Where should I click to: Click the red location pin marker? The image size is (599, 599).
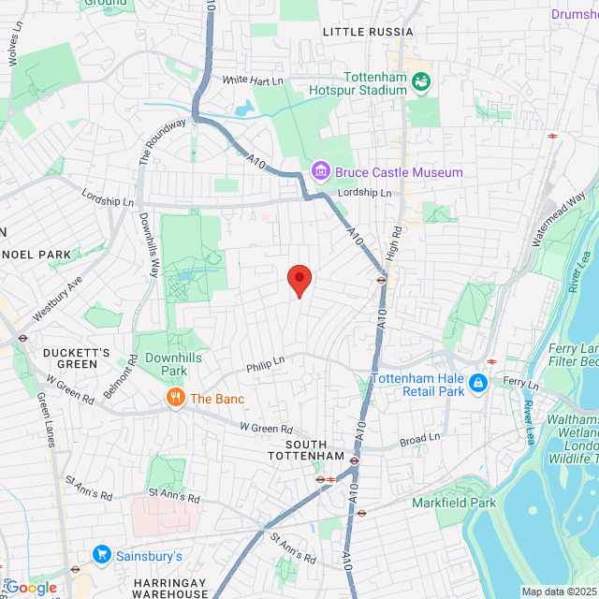tap(299, 279)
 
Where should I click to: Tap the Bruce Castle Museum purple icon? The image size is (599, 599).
tap(320, 171)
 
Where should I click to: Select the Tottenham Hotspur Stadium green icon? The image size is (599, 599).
tap(422, 84)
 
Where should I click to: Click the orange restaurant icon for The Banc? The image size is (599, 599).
tap(174, 399)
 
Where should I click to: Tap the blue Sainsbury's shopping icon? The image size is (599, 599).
tap(101, 555)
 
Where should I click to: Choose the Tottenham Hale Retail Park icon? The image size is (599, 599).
tap(478, 383)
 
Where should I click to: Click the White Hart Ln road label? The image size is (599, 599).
tap(253, 81)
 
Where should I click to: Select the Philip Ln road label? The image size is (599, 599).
tap(265, 364)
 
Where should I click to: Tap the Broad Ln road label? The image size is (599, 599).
tap(419, 438)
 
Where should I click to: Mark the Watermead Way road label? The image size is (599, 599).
tap(559, 218)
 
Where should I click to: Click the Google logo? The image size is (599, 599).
tap(31, 587)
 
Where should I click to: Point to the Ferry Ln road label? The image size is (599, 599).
tap(520, 383)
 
